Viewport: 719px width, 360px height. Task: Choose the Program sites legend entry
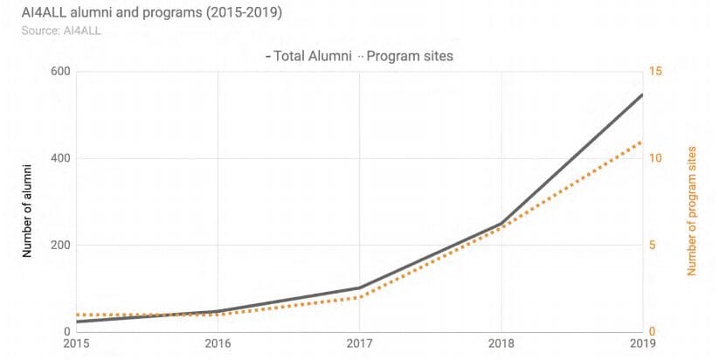[409, 56]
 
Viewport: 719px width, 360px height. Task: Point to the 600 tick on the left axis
[59, 72]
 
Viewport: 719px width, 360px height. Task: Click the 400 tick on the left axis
[59, 158]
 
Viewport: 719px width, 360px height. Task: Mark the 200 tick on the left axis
[59, 245]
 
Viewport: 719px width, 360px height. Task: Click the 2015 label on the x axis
[76, 345]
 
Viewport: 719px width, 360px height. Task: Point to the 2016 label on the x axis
[218, 345]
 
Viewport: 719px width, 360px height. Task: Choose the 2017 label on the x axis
[359, 345]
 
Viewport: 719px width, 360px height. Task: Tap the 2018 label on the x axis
[501, 345]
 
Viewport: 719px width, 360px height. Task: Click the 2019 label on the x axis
[640, 345]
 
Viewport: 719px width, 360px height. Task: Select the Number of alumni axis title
[27, 209]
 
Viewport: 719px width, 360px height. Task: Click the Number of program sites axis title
[692, 210]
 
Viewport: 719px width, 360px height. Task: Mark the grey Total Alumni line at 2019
[642, 94]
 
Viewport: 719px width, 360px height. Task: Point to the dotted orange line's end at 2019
[642, 142]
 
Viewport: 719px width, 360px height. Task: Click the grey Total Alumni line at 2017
[359, 287]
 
